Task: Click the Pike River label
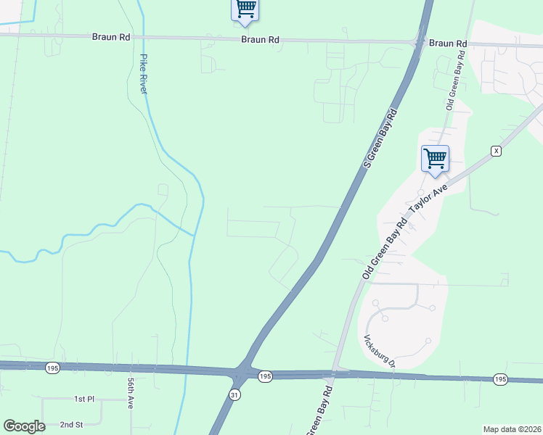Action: tap(144, 74)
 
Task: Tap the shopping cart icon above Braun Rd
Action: tap(245, 9)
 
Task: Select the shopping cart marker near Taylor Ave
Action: tap(435, 158)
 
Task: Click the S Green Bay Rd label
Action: tap(382, 139)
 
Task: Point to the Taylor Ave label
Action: tap(428, 198)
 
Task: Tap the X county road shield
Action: tap(496, 151)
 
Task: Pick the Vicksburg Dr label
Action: tap(378, 351)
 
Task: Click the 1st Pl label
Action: tap(85, 399)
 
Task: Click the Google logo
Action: tap(24, 426)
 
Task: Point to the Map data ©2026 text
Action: tap(512, 429)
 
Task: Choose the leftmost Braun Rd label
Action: tap(110, 36)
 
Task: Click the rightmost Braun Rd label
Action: tap(446, 43)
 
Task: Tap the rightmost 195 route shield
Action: tap(499, 379)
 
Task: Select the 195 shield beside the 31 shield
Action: tap(265, 376)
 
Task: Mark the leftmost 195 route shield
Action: tap(52, 369)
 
